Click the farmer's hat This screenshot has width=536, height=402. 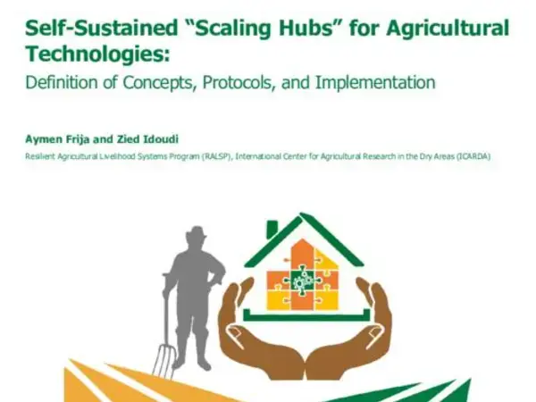pos(197,235)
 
